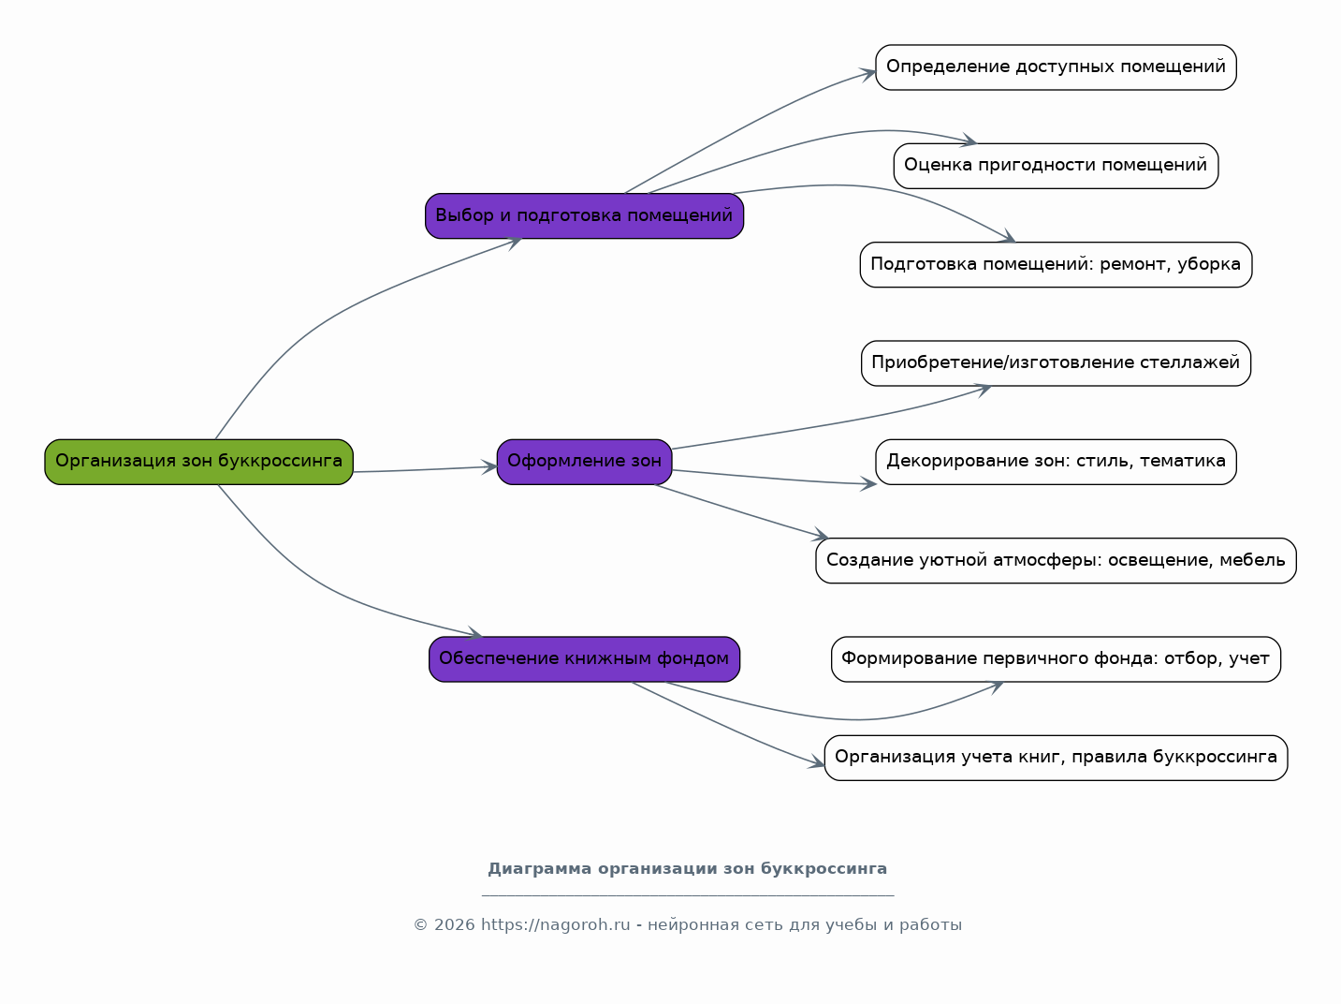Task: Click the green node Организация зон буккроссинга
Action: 198,462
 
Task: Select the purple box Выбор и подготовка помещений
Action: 584,215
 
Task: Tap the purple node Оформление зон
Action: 584,462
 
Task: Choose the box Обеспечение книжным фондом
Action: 584,659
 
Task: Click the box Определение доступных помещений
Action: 1056,67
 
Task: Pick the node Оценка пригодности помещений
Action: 1056,166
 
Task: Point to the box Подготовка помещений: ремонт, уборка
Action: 1056,265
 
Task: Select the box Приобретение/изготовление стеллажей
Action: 1056,363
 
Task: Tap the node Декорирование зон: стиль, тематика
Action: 1056,462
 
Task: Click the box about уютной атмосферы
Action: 1056,561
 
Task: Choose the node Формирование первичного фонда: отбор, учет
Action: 1056,659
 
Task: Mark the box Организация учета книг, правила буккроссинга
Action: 1056,758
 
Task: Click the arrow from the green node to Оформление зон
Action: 425,469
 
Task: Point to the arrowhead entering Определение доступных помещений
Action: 868,74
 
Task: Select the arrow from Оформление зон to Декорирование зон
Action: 774,478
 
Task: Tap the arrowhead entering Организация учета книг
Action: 817,762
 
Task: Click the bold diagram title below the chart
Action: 687,869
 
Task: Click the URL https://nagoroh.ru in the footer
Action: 555,924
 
